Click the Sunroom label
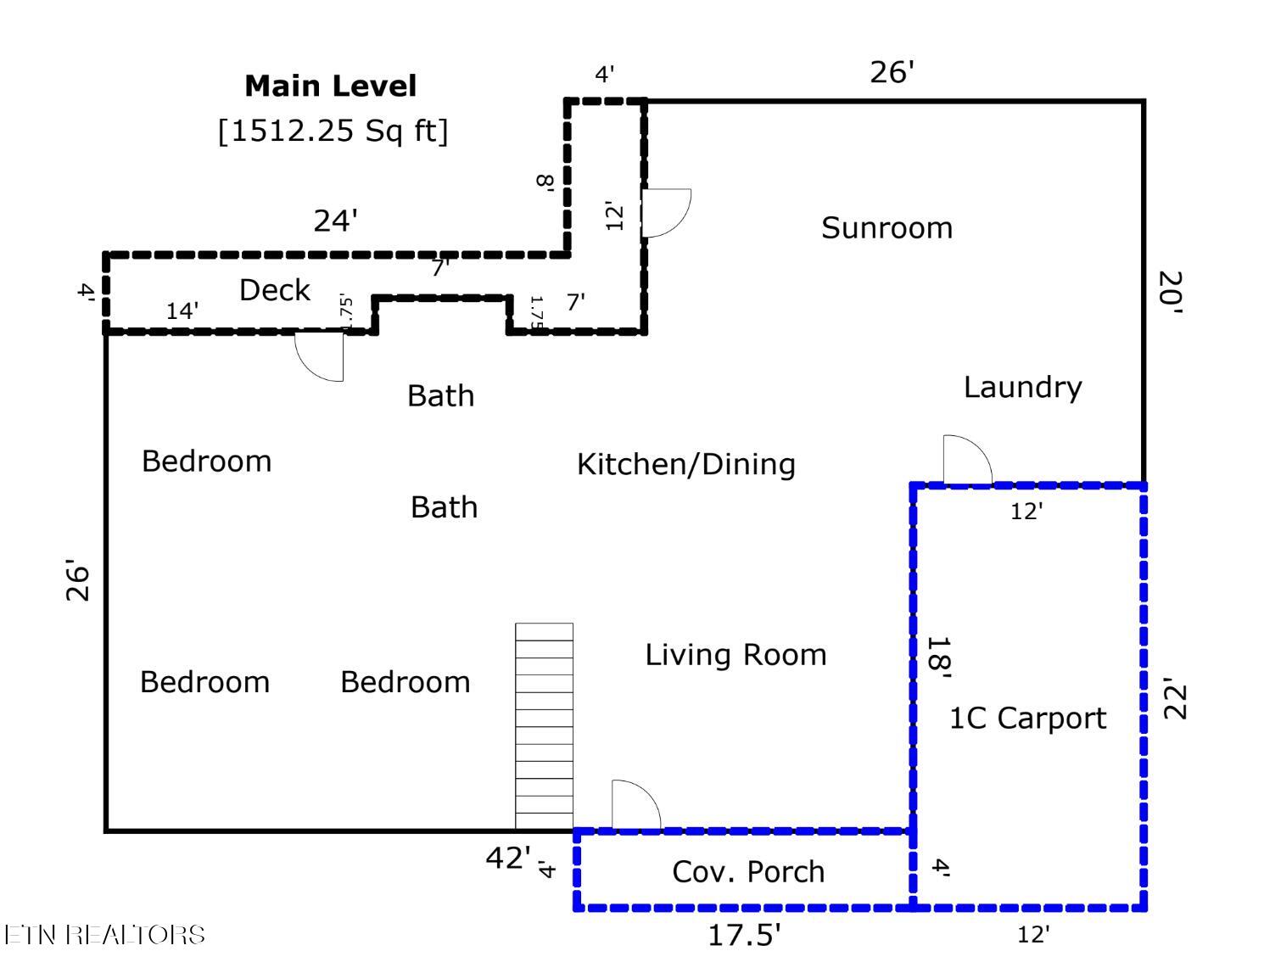coord(886,228)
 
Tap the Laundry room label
coord(1022,388)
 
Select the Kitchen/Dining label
coord(685,465)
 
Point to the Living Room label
coord(735,655)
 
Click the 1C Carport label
coord(1028,719)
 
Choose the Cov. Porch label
coord(748,872)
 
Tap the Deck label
coord(275,289)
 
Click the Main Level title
coord(330,86)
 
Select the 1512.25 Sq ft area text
coord(333,131)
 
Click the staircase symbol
coord(544,726)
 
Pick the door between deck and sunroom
coord(665,213)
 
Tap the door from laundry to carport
coord(967,460)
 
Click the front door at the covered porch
coord(636,804)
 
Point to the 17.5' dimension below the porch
coord(744,936)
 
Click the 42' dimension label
coord(508,858)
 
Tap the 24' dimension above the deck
coord(335,221)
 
